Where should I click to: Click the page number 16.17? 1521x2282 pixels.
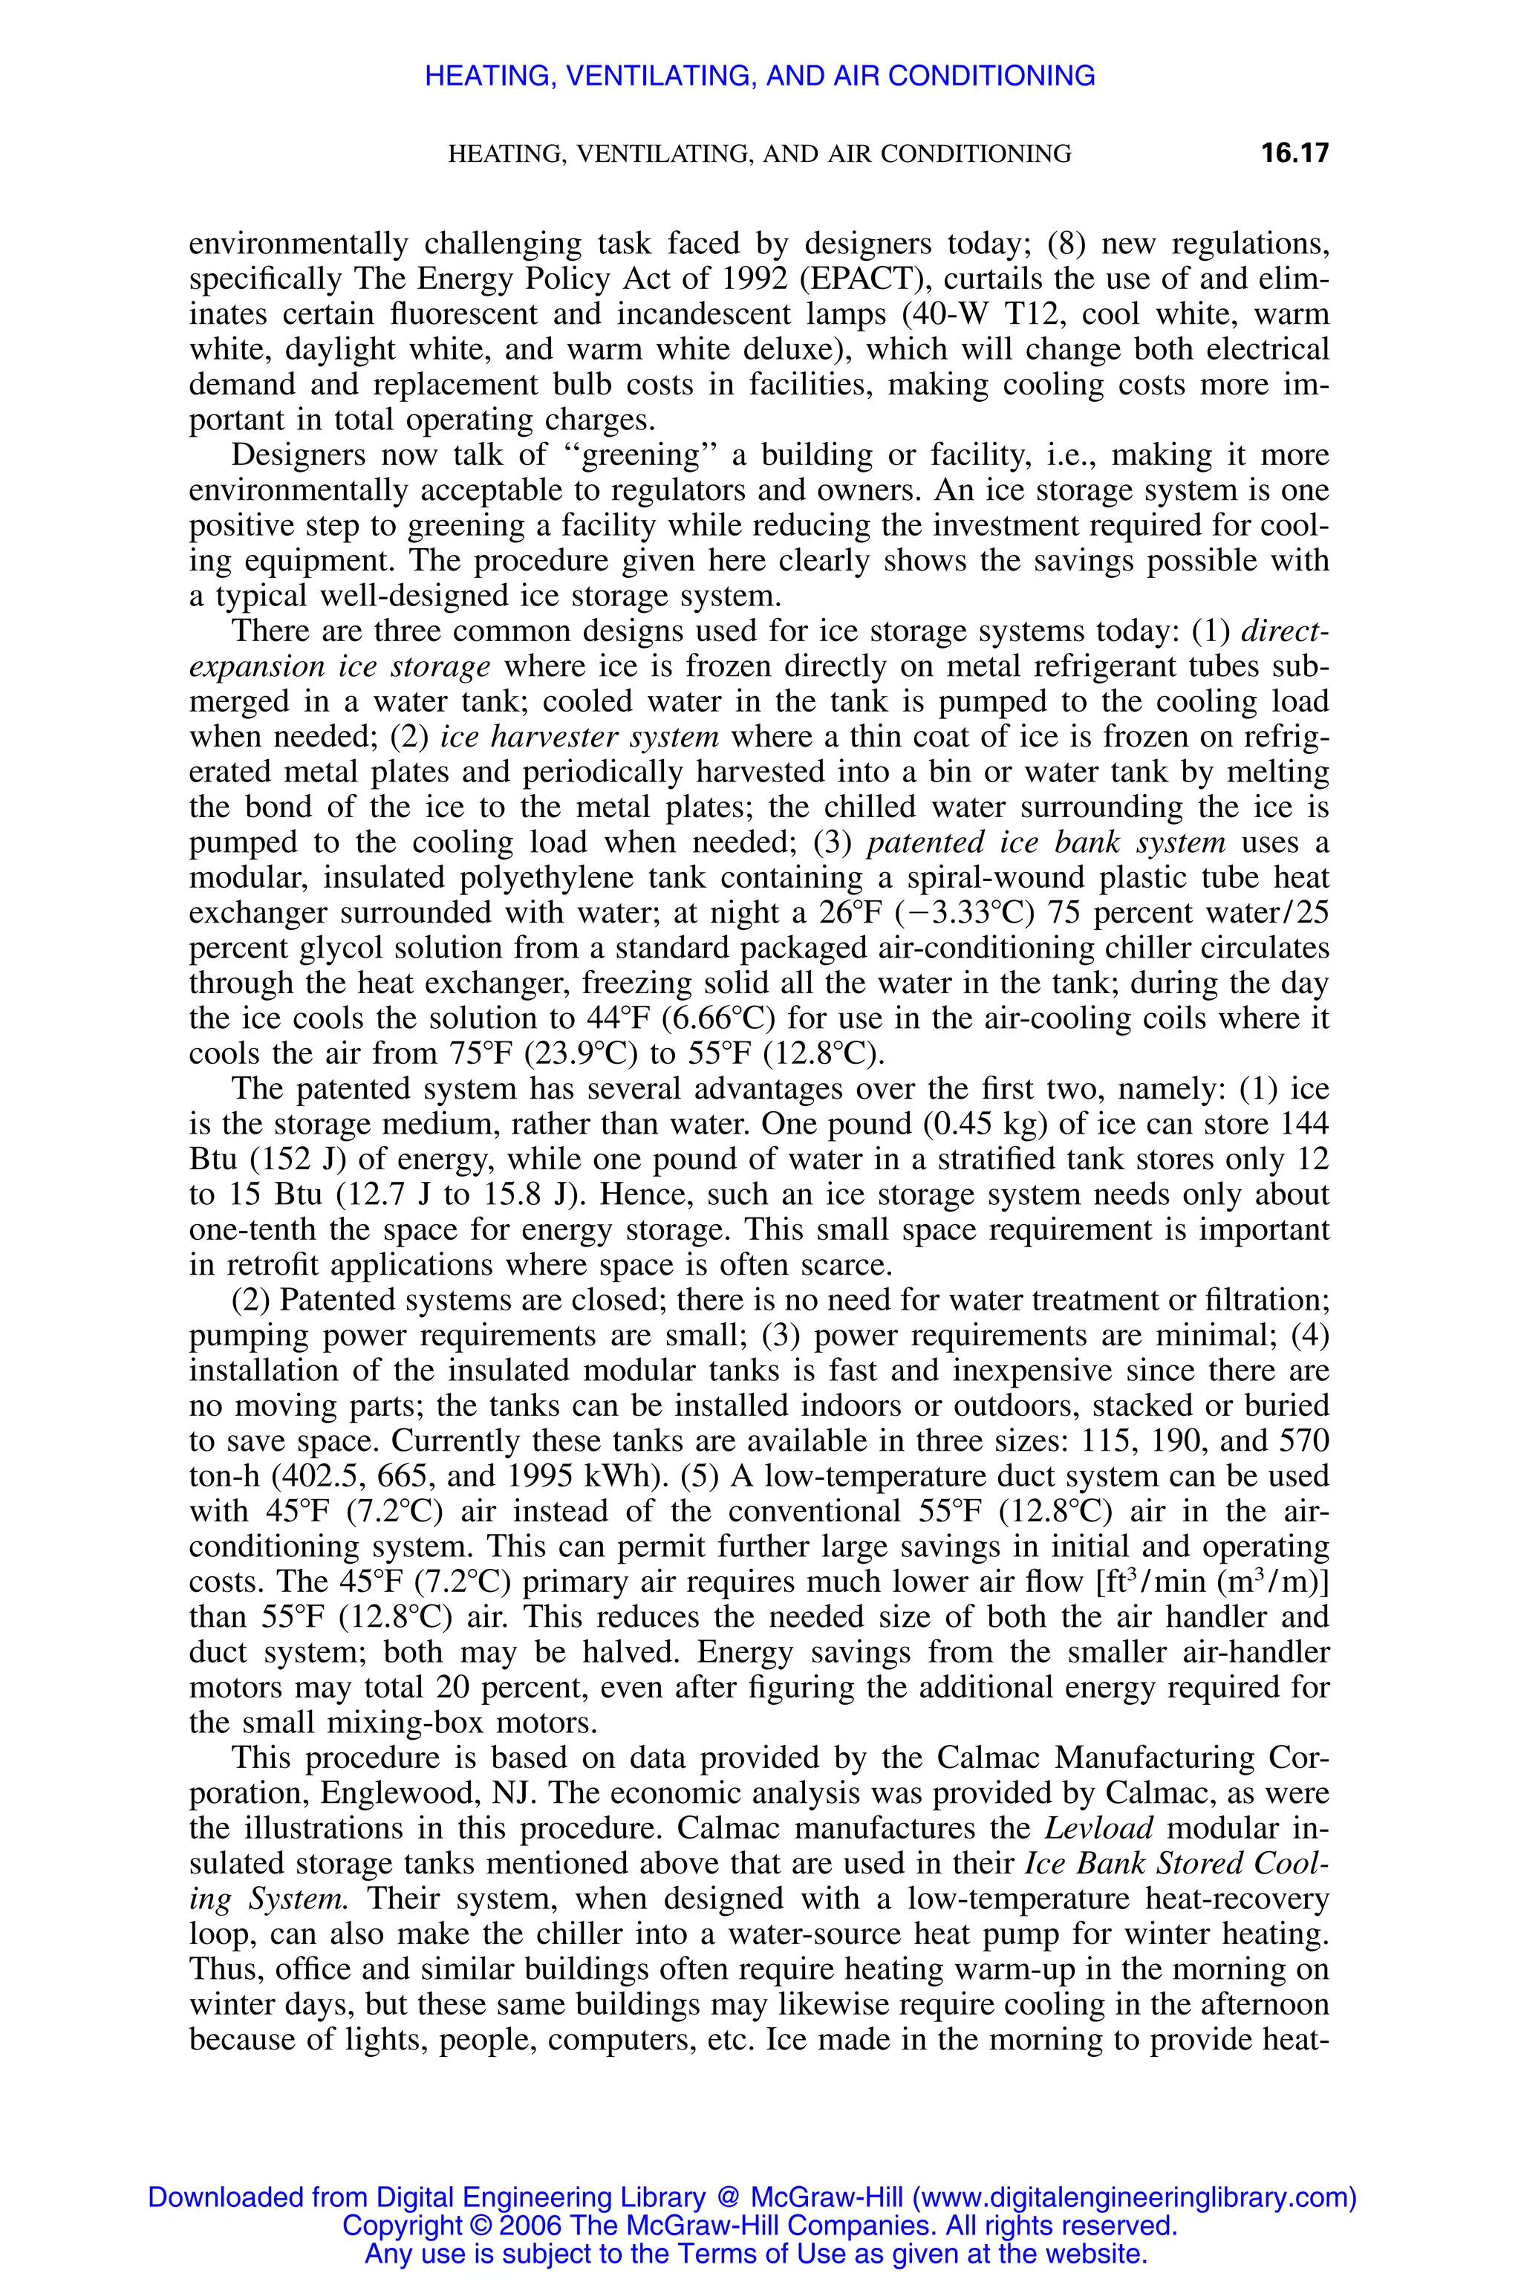click(x=1294, y=153)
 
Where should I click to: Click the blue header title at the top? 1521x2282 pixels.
click(x=760, y=76)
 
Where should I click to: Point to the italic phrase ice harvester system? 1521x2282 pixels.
click(x=579, y=738)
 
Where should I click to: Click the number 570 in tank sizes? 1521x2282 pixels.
click(x=1305, y=1441)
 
